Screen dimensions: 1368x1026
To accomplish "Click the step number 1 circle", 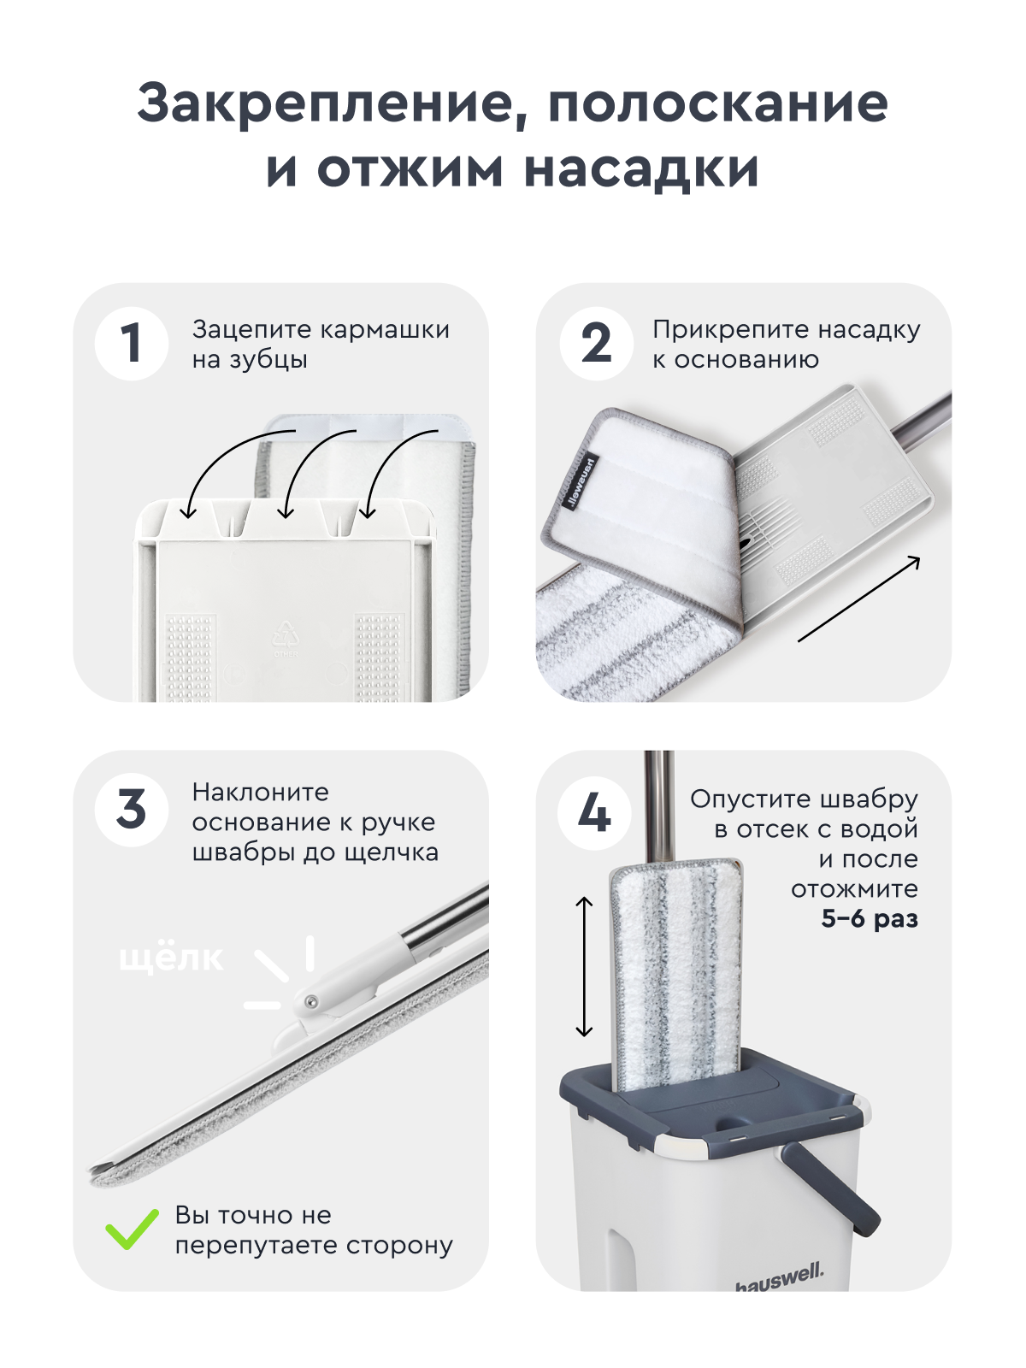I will click(x=131, y=344).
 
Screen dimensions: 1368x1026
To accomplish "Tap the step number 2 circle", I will click(x=596, y=344).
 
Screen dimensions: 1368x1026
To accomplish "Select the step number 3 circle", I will click(x=131, y=809).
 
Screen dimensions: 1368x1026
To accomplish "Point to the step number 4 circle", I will click(x=594, y=812).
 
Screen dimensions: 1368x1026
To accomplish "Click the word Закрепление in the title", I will click(x=328, y=104).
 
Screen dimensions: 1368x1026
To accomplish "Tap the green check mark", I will click(x=132, y=1229).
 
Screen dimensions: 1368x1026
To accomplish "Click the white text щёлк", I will click(x=171, y=958).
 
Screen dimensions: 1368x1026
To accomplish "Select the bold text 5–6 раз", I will click(x=869, y=919).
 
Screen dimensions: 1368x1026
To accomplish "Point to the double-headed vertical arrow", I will click(x=584, y=966).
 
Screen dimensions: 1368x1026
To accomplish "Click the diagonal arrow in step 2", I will click(x=859, y=598).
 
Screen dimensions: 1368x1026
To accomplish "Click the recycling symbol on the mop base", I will click(x=285, y=635).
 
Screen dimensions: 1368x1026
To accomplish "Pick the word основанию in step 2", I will click(x=746, y=360).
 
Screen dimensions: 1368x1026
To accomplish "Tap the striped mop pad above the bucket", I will click(x=676, y=975).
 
